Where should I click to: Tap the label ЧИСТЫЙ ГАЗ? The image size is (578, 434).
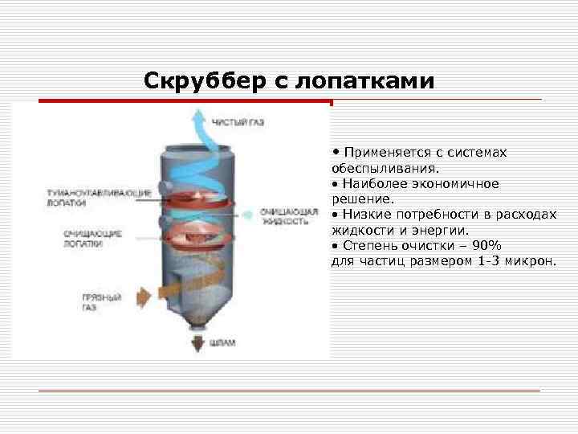coord(238,122)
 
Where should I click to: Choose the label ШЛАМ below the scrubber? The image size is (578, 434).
coord(224,342)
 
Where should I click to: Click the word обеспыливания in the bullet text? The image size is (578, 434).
coord(383,169)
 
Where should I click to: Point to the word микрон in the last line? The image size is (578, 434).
coord(529,260)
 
